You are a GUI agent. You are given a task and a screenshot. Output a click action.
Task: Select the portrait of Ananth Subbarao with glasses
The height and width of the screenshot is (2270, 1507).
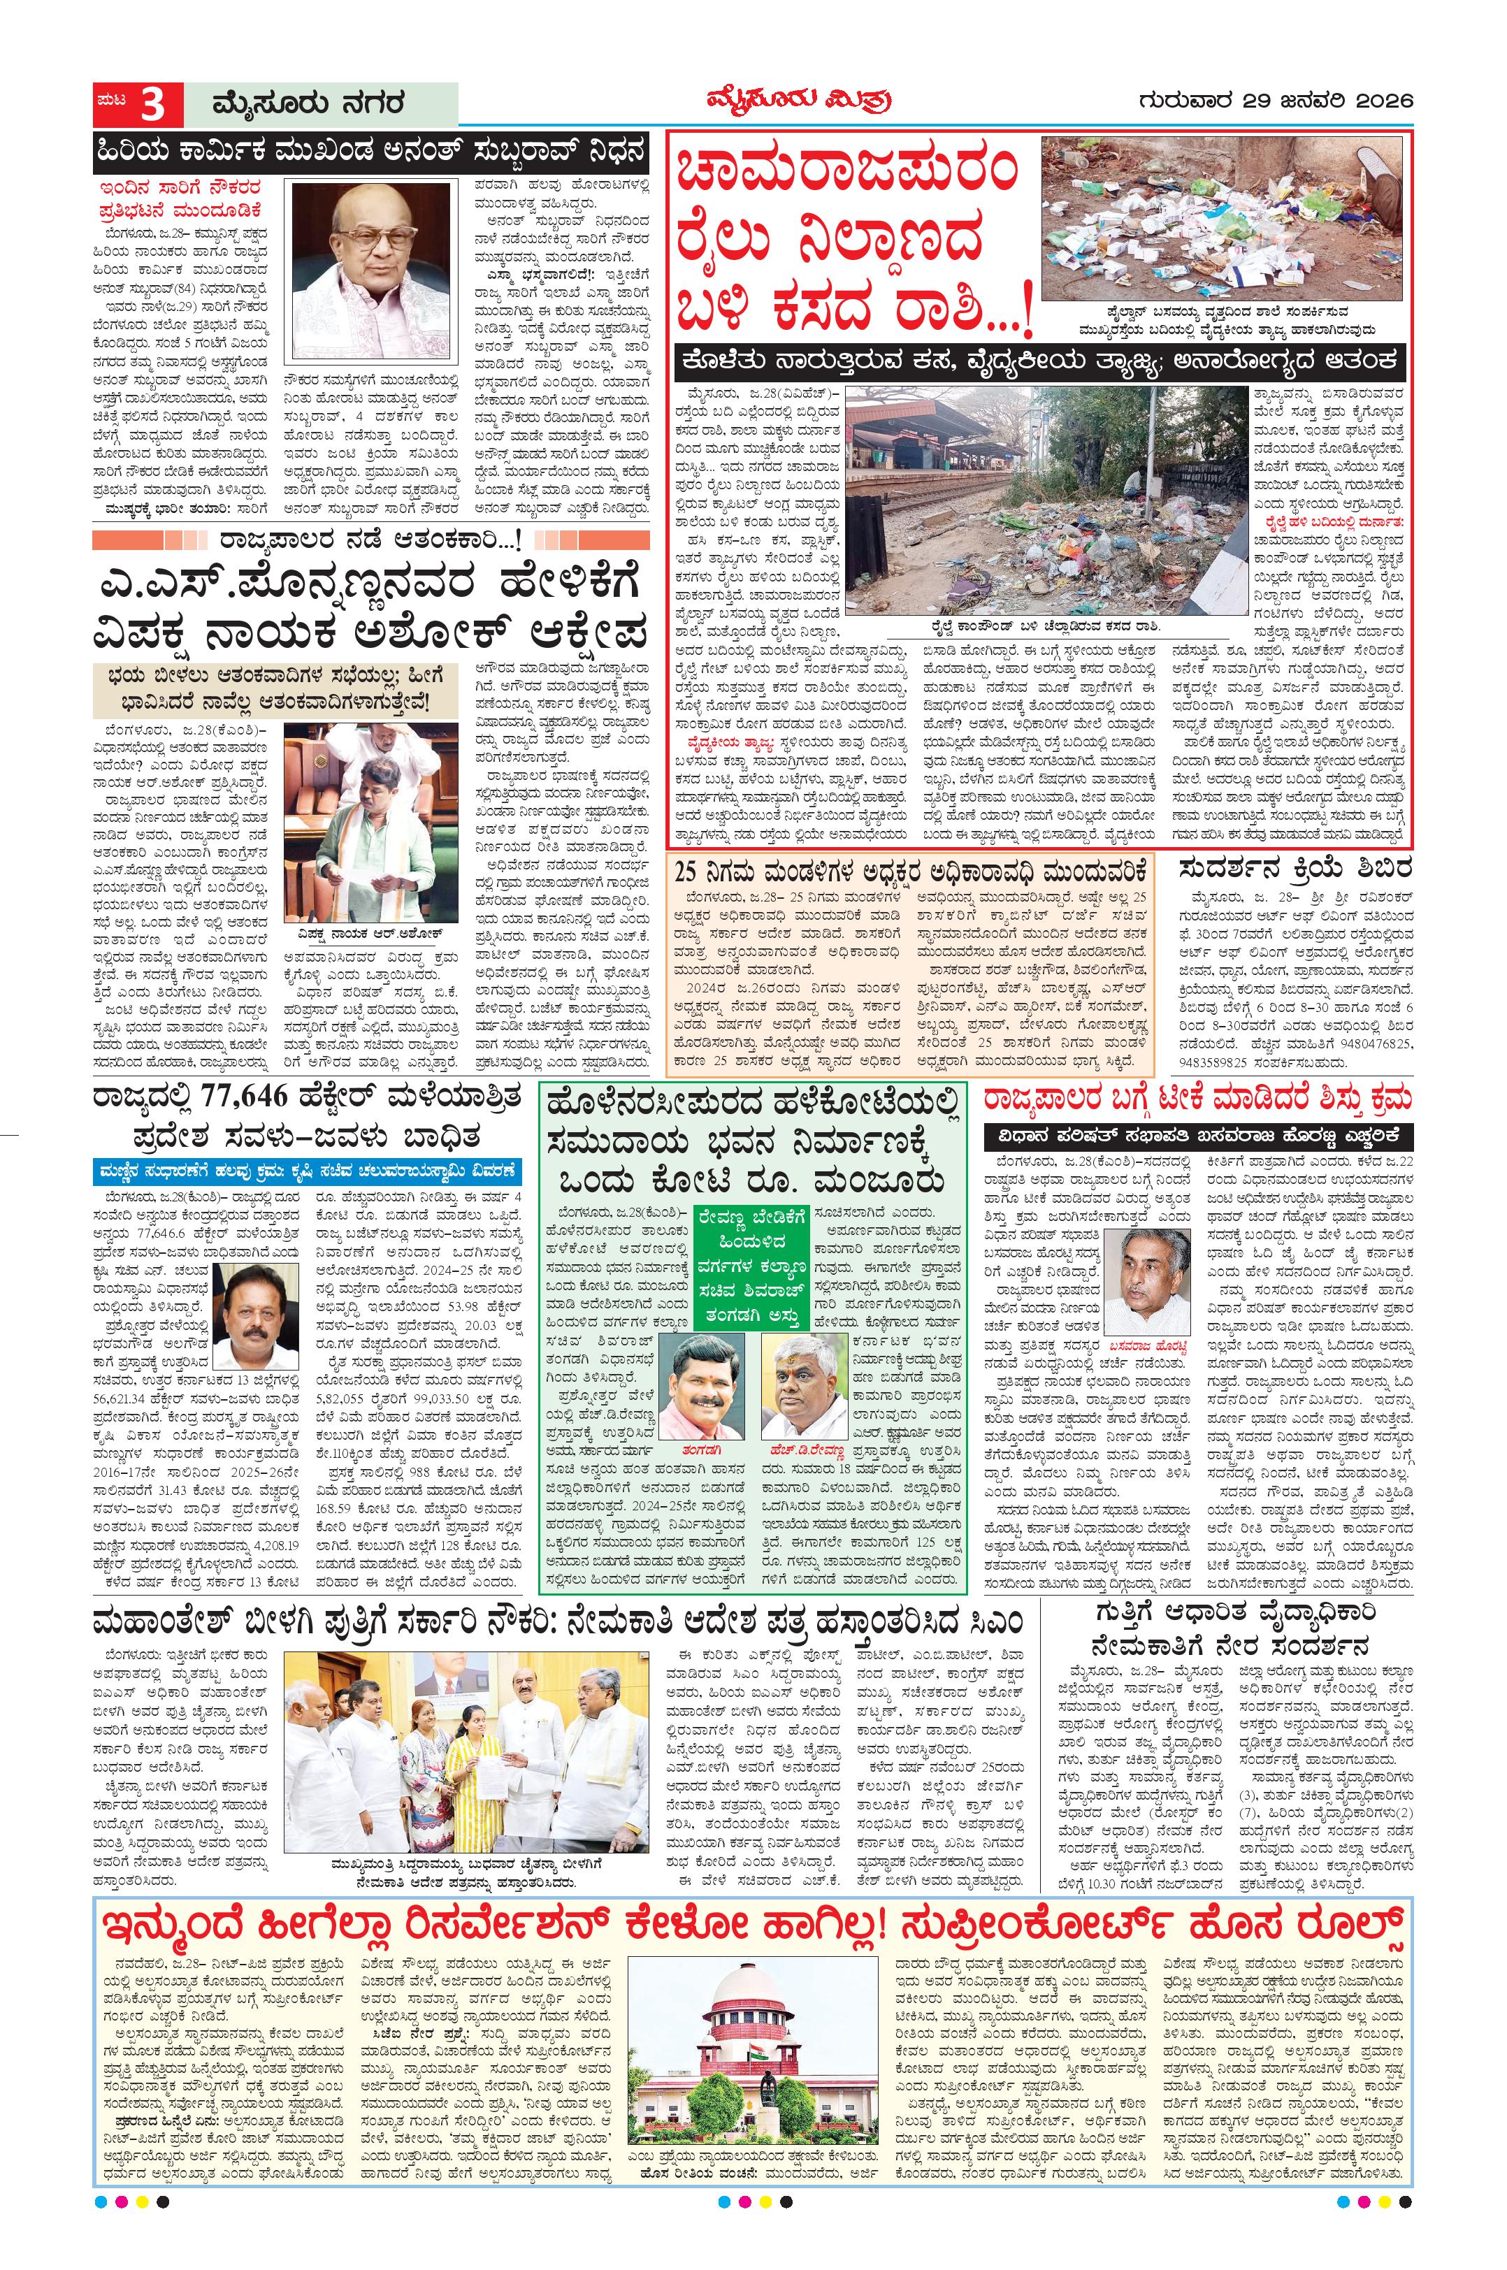[371, 271]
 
